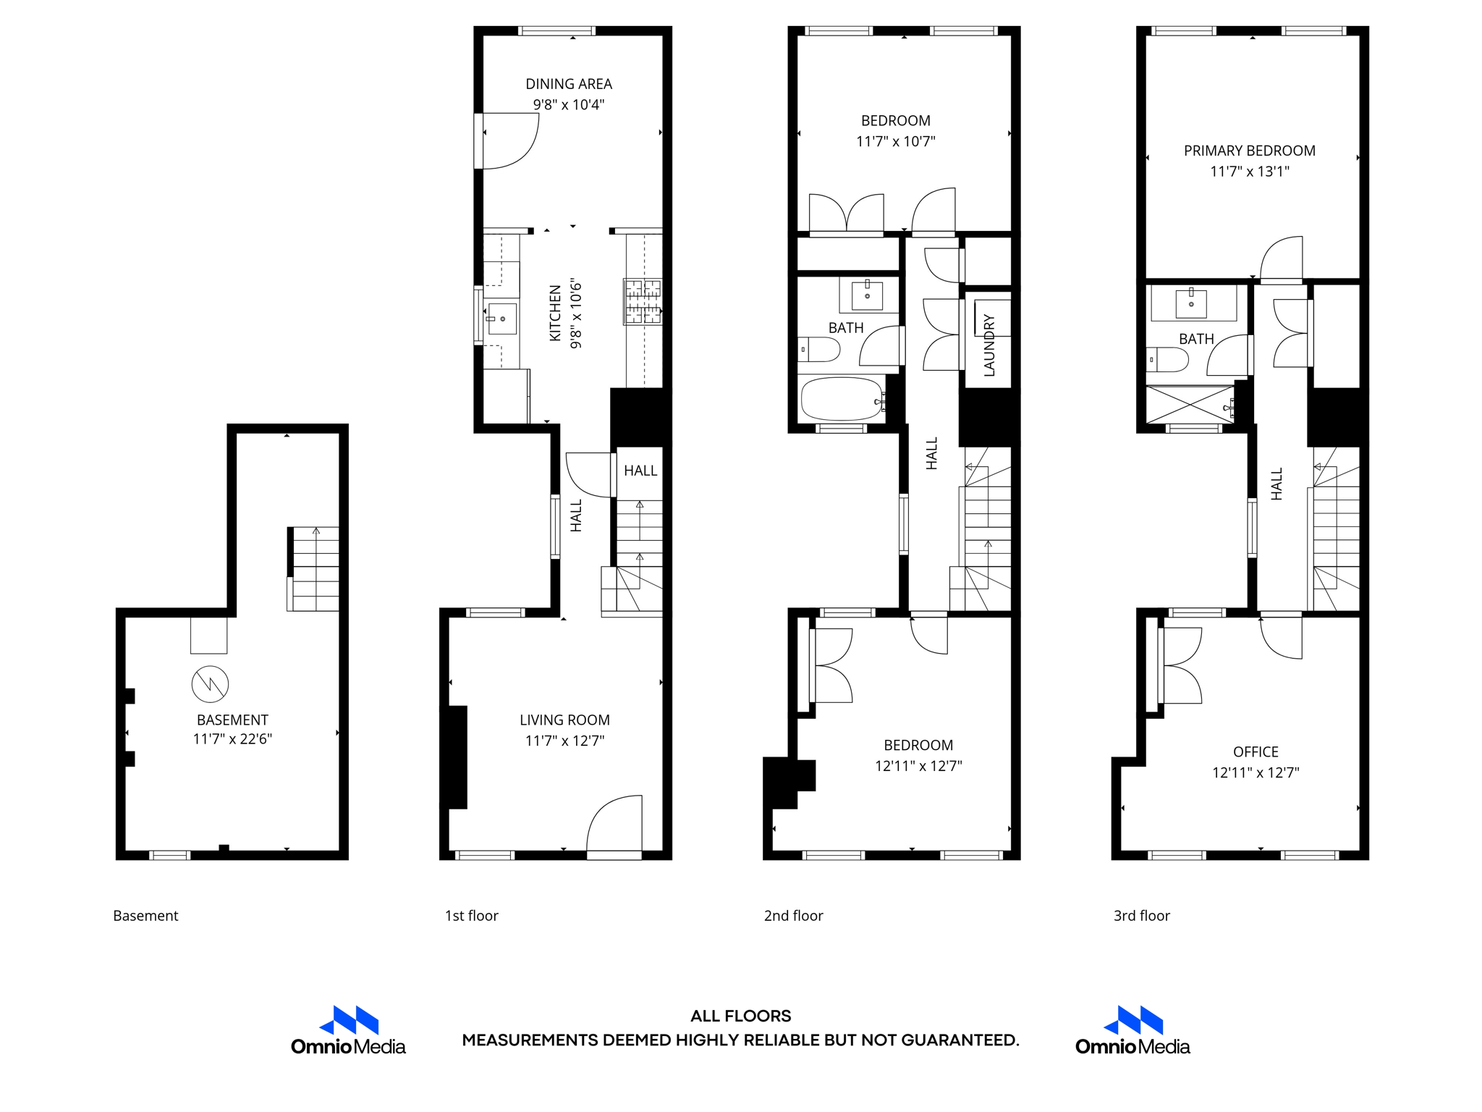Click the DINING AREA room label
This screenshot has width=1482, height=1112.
pyautogui.click(x=568, y=84)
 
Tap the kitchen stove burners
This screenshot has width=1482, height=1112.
pyautogui.click(x=643, y=301)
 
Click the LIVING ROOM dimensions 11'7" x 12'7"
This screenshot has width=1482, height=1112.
pyautogui.click(x=564, y=741)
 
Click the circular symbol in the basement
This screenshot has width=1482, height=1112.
pyautogui.click(x=210, y=684)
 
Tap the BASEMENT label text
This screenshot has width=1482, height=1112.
pyautogui.click(x=232, y=720)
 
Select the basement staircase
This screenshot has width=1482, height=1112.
pyautogui.click(x=315, y=569)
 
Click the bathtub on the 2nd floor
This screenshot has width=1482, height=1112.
pyautogui.click(x=842, y=399)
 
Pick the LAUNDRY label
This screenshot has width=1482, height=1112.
pyautogui.click(x=989, y=345)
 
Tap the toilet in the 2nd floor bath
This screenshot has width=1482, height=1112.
pyautogui.click(x=818, y=350)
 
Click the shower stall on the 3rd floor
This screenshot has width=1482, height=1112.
pyautogui.click(x=1190, y=405)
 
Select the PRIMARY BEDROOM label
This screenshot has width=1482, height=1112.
pyautogui.click(x=1249, y=151)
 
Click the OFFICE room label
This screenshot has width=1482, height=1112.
pyautogui.click(x=1256, y=751)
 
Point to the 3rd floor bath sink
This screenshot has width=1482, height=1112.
pyautogui.click(x=1191, y=303)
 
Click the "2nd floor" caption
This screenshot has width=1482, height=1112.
pyautogui.click(x=793, y=916)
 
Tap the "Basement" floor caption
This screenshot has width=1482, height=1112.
pyautogui.click(x=145, y=916)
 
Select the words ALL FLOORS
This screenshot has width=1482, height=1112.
pyautogui.click(x=740, y=1016)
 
